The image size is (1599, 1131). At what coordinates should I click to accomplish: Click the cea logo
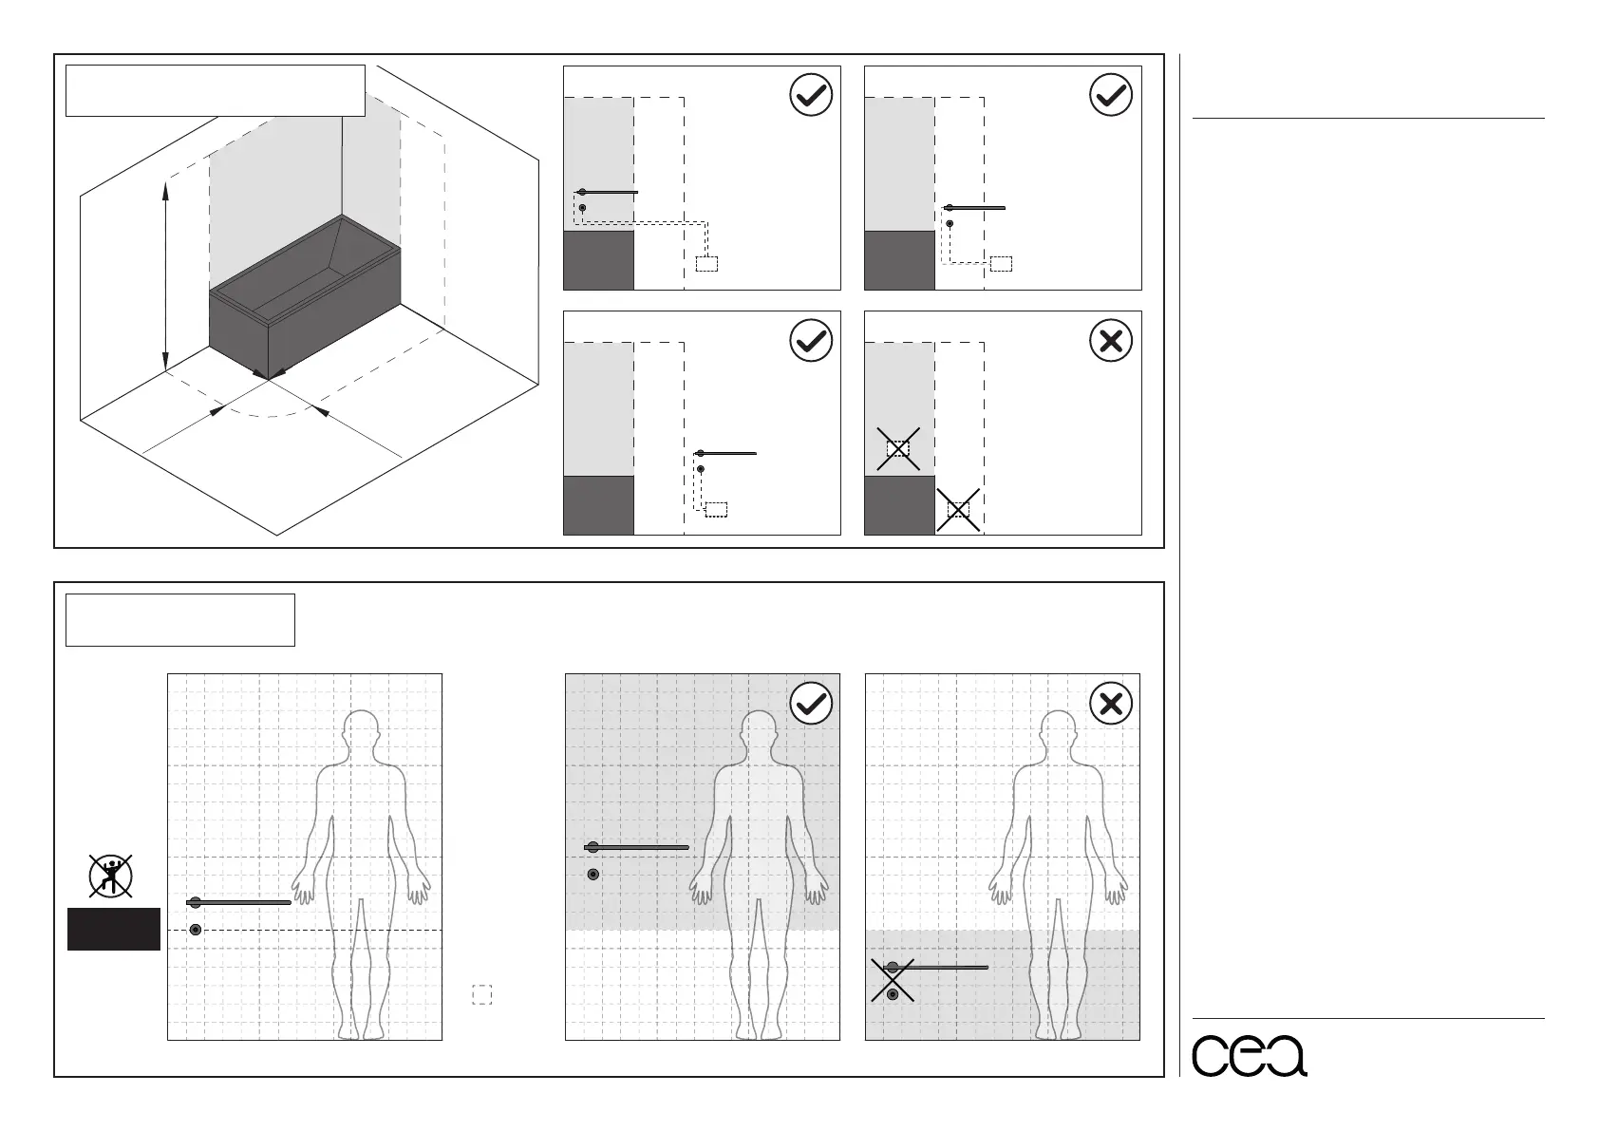tap(1249, 1054)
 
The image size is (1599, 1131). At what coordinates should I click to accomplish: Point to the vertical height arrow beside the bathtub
tap(165, 275)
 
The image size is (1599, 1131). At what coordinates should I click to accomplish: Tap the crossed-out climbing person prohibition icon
tap(110, 876)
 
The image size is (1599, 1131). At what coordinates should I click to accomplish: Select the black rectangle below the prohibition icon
tap(113, 929)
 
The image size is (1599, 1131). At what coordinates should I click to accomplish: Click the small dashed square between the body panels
tap(482, 994)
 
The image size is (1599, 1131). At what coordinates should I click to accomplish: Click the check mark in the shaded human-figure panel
tap(811, 704)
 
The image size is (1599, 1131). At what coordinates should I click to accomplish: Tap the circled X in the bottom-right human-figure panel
tap(1111, 704)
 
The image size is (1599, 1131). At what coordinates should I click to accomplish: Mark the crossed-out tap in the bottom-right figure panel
tap(893, 980)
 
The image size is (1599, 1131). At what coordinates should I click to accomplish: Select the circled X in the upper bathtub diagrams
tap(1111, 340)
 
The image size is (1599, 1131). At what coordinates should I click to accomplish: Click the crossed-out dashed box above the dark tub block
tap(898, 448)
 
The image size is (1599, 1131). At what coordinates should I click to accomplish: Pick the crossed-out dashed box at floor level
tap(958, 510)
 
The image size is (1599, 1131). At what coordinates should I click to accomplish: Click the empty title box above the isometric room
tap(215, 90)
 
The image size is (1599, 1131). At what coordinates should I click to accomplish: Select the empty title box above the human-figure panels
tap(179, 619)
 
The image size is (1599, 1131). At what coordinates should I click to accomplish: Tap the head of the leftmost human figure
tap(361, 732)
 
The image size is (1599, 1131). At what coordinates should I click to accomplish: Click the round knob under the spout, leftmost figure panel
tap(196, 929)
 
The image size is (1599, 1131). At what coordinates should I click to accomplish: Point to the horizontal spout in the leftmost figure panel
tap(242, 902)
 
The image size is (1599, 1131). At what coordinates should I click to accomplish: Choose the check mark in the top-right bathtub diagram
tap(1111, 95)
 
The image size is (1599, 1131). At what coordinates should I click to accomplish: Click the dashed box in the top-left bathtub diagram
tap(706, 264)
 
